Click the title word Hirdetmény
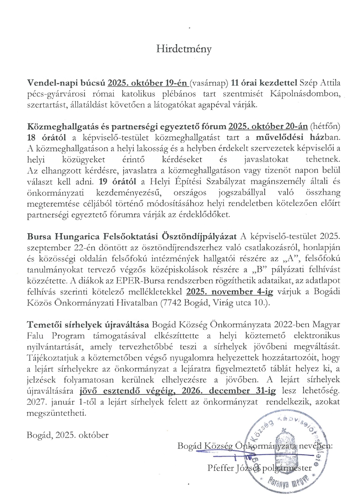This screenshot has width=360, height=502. coord(184,50)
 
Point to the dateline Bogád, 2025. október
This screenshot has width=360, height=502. coord(67,435)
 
